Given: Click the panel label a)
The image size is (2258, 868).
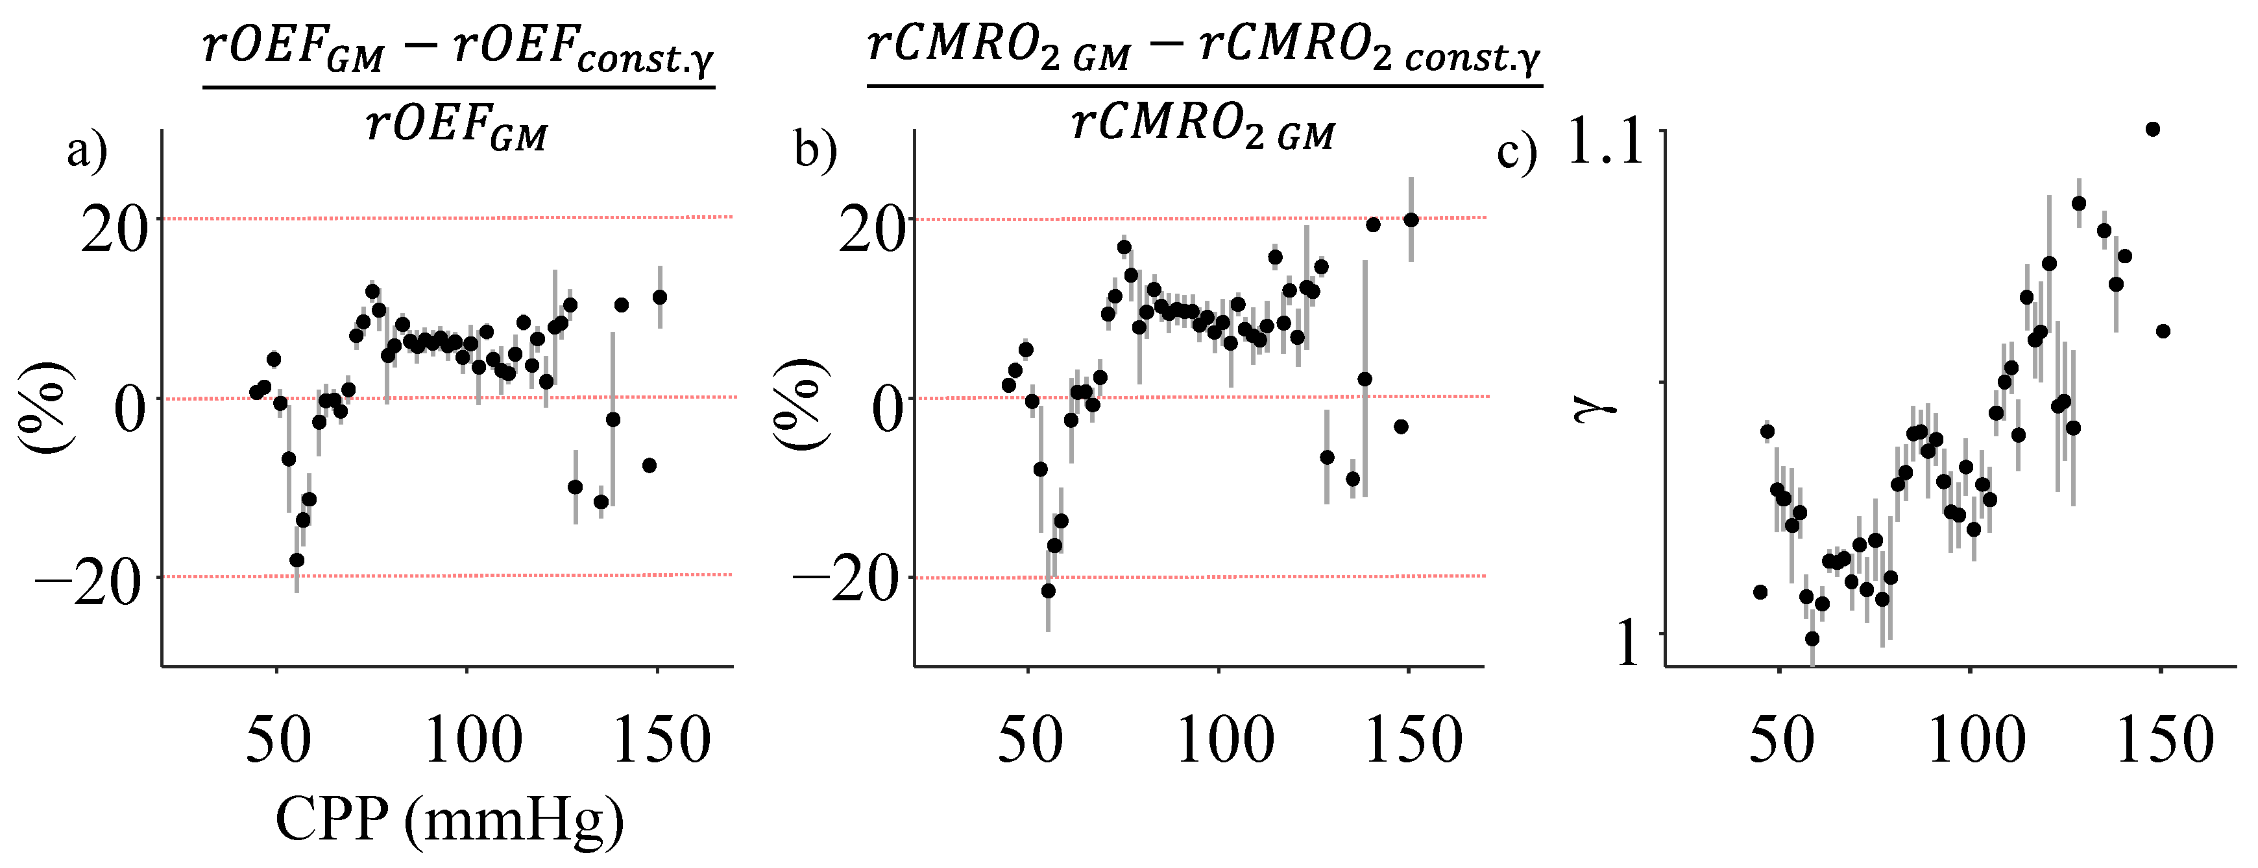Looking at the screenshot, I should tap(87, 152).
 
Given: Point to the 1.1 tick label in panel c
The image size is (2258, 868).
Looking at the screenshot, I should tap(1605, 142).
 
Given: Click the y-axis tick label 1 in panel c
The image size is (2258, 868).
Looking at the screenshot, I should tap(1628, 644).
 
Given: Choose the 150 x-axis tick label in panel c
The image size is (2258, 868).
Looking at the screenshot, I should tap(2164, 741).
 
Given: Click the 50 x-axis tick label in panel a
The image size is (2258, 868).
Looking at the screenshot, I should tap(278, 741).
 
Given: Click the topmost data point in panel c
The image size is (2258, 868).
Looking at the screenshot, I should tap(2152, 130).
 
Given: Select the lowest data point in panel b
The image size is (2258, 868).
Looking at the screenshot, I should tap(1049, 591).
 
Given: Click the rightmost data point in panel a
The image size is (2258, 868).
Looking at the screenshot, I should tap(660, 298).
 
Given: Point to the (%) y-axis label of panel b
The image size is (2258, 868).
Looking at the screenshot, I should tap(799, 405).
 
